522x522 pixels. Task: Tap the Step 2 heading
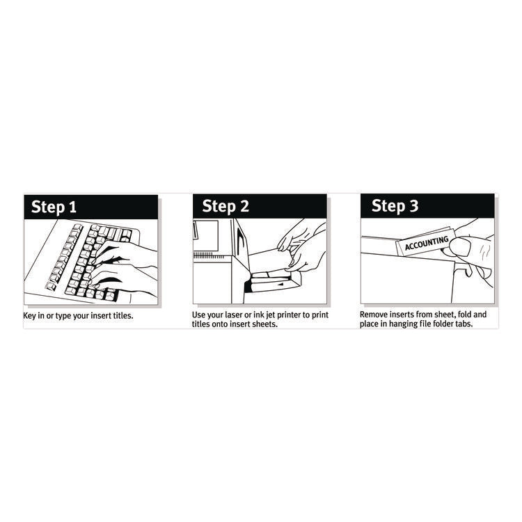click(x=226, y=206)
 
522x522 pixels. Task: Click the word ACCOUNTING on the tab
click(x=426, y=244)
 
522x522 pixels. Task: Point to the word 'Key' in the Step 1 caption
click(x=31, y=315)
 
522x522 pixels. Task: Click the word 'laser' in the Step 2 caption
click(x=239, y=315)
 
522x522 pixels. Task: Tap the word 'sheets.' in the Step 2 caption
click(x=264, y=325)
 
